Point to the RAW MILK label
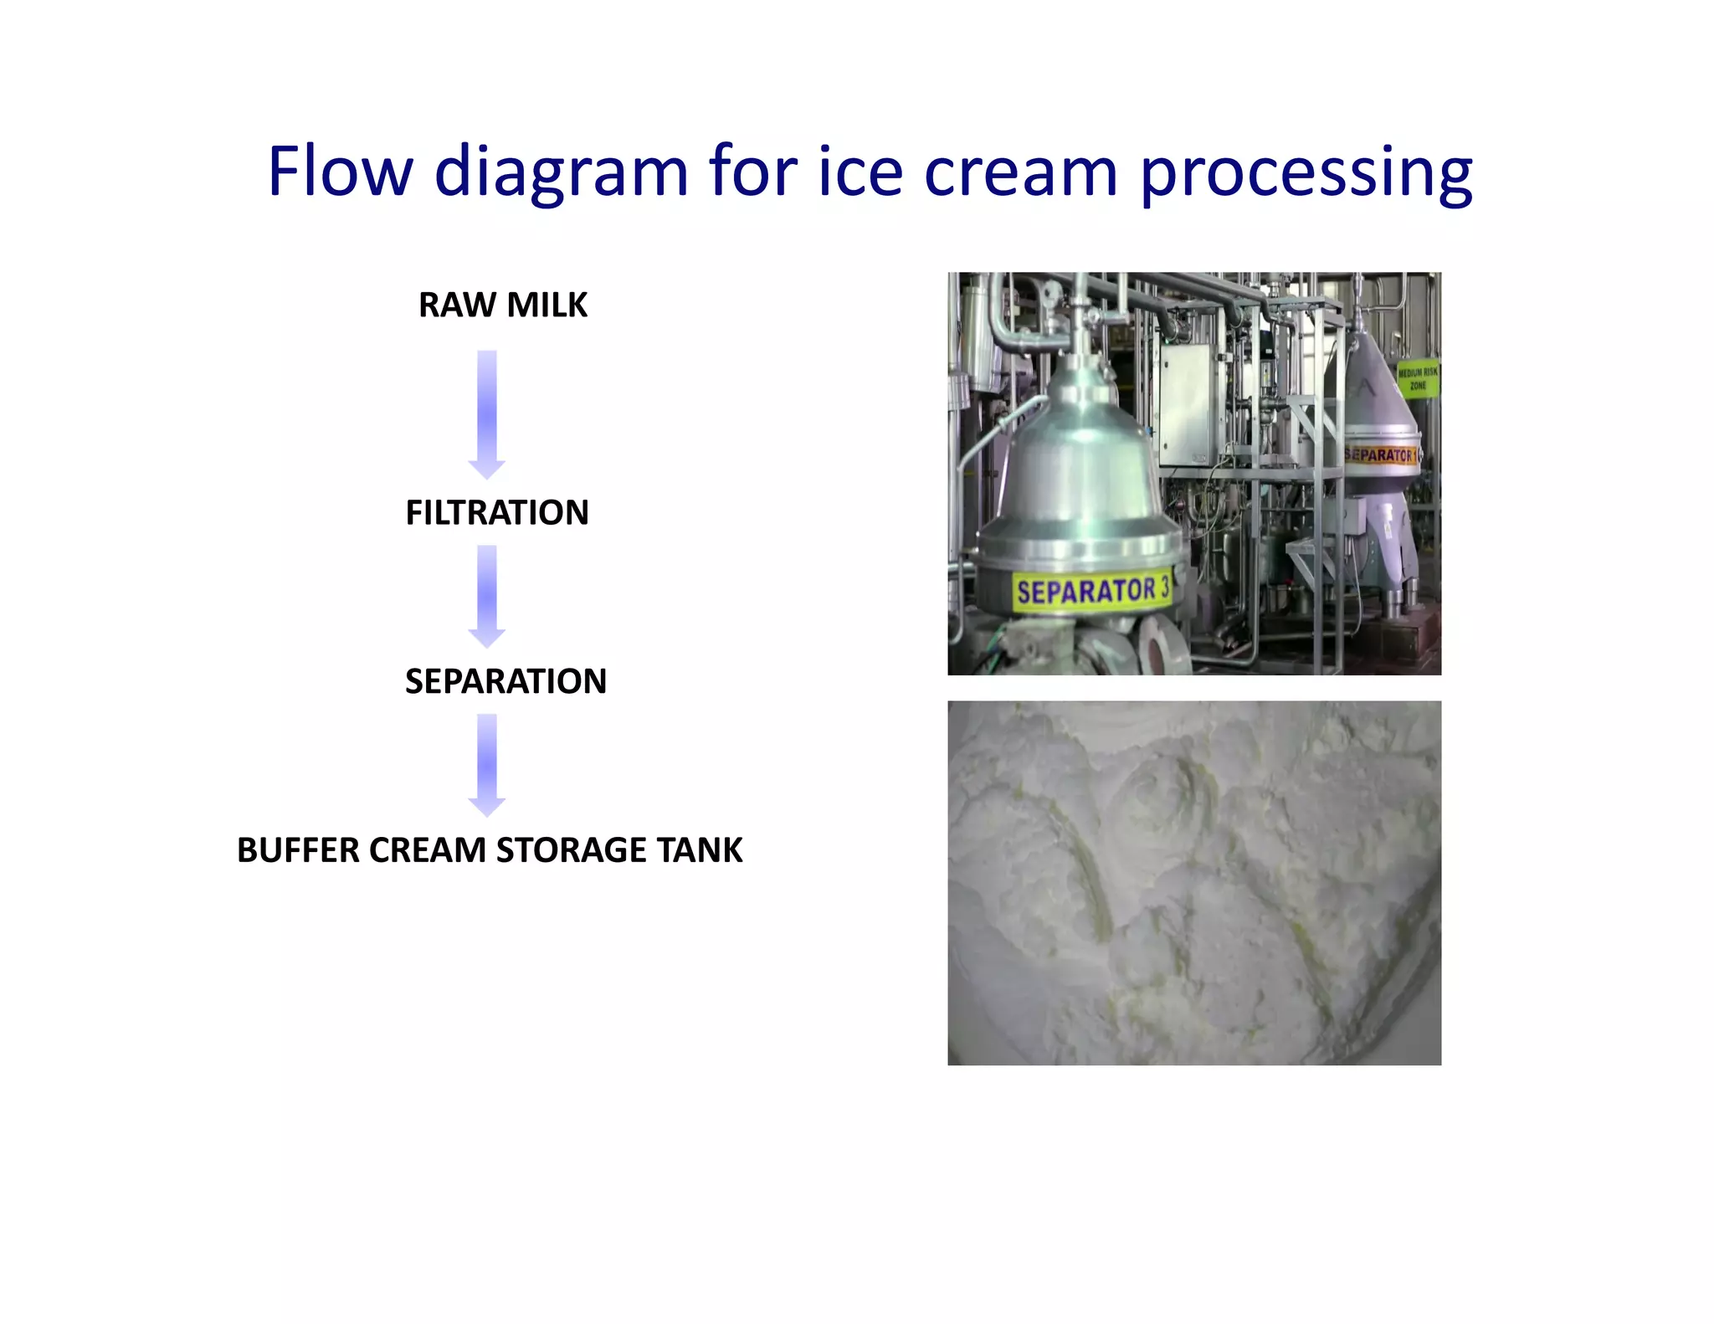click(503, 305)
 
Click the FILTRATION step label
click(497, 512)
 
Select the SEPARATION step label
click(505, 681)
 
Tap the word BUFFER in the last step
click(298, 850)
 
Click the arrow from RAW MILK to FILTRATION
click(487, 413)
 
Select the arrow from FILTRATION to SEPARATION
click(487, 595)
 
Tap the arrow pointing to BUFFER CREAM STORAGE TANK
click(487, 764)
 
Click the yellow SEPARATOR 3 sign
click(1091, 592)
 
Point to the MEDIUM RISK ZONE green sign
click(1418, 378)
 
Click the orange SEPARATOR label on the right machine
click(1381, 455)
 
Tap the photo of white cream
click(1194, 883)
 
